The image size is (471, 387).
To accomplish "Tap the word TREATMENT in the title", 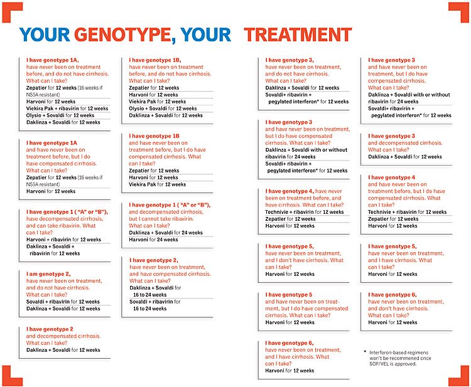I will tap(298, 34).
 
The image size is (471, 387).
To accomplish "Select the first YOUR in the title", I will tap(45, 34).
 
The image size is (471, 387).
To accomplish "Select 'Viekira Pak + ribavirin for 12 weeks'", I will tap(67, 109).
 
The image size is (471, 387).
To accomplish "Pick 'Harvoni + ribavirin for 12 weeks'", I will tap(63, 240).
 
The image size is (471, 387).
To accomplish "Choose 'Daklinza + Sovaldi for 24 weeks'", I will tap(166, 233).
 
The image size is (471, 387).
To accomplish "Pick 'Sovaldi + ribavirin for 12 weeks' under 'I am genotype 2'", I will tap(63, 302).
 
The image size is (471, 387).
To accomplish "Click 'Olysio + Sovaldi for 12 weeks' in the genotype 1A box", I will tap(60, 115).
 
